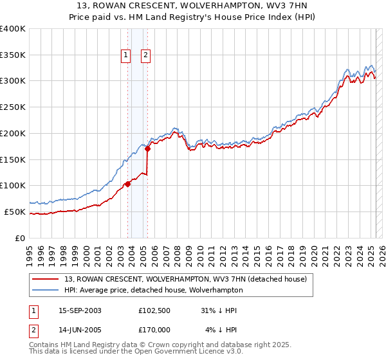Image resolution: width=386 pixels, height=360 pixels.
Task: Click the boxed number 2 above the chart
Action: [x=145, y=56]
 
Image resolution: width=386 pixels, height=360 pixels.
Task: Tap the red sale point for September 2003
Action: [x=127, y=184]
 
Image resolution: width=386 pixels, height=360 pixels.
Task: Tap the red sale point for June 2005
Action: [x=147, y=148]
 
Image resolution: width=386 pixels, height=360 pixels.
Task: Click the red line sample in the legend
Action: [x=46, y=279]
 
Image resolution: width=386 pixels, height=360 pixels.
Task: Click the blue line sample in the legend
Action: [x=46, y=290]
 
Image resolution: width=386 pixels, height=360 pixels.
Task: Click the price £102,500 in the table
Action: [x=154, y=310]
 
